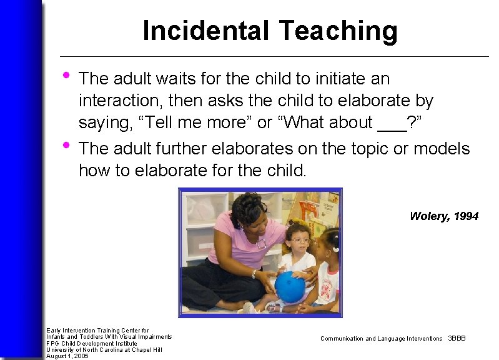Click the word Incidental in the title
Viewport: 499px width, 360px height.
pyautogui.click(x=206, y=31)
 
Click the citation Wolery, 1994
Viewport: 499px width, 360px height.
pyautogui.click(x=444, y=216)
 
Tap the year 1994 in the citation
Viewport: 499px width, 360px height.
pyautogui.click(x=466, y=216)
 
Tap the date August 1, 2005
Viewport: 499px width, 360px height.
pyautogui.click(x=67, y=356)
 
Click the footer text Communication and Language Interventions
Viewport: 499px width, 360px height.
pyautogui.click(x=381, y=339)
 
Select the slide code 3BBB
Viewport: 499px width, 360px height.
pyautogui.click(x=457, y=339)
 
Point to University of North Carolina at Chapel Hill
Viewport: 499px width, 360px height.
pyautogui.click(x=104, y=349)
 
